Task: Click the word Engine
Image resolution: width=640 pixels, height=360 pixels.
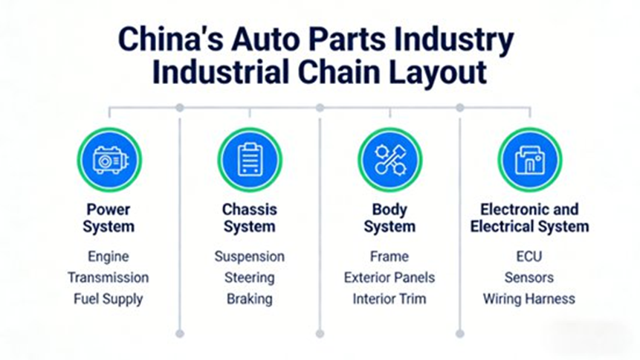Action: [109, 257]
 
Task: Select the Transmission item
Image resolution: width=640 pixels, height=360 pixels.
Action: [109, 277]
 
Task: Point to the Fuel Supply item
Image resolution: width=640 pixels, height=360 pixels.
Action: [109, 299]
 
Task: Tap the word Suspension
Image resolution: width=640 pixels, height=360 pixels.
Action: [249, 257]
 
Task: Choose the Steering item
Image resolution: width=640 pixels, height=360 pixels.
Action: [249, 277]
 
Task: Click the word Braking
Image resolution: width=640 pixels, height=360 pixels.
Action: [249, 299]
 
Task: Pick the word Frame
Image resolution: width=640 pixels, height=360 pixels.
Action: [390, 257]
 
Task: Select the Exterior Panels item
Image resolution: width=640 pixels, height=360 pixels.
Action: [390, 277]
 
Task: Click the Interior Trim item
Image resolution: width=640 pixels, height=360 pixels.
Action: [390, 299]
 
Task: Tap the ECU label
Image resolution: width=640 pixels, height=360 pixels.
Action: [529, 257]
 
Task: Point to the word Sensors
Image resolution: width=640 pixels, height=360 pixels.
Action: [529, 277]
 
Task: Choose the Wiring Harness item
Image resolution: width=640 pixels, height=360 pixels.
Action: [529, 299]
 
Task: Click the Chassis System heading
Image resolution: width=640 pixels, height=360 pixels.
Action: [249, 217]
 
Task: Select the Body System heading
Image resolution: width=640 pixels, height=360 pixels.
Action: [390, 217]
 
